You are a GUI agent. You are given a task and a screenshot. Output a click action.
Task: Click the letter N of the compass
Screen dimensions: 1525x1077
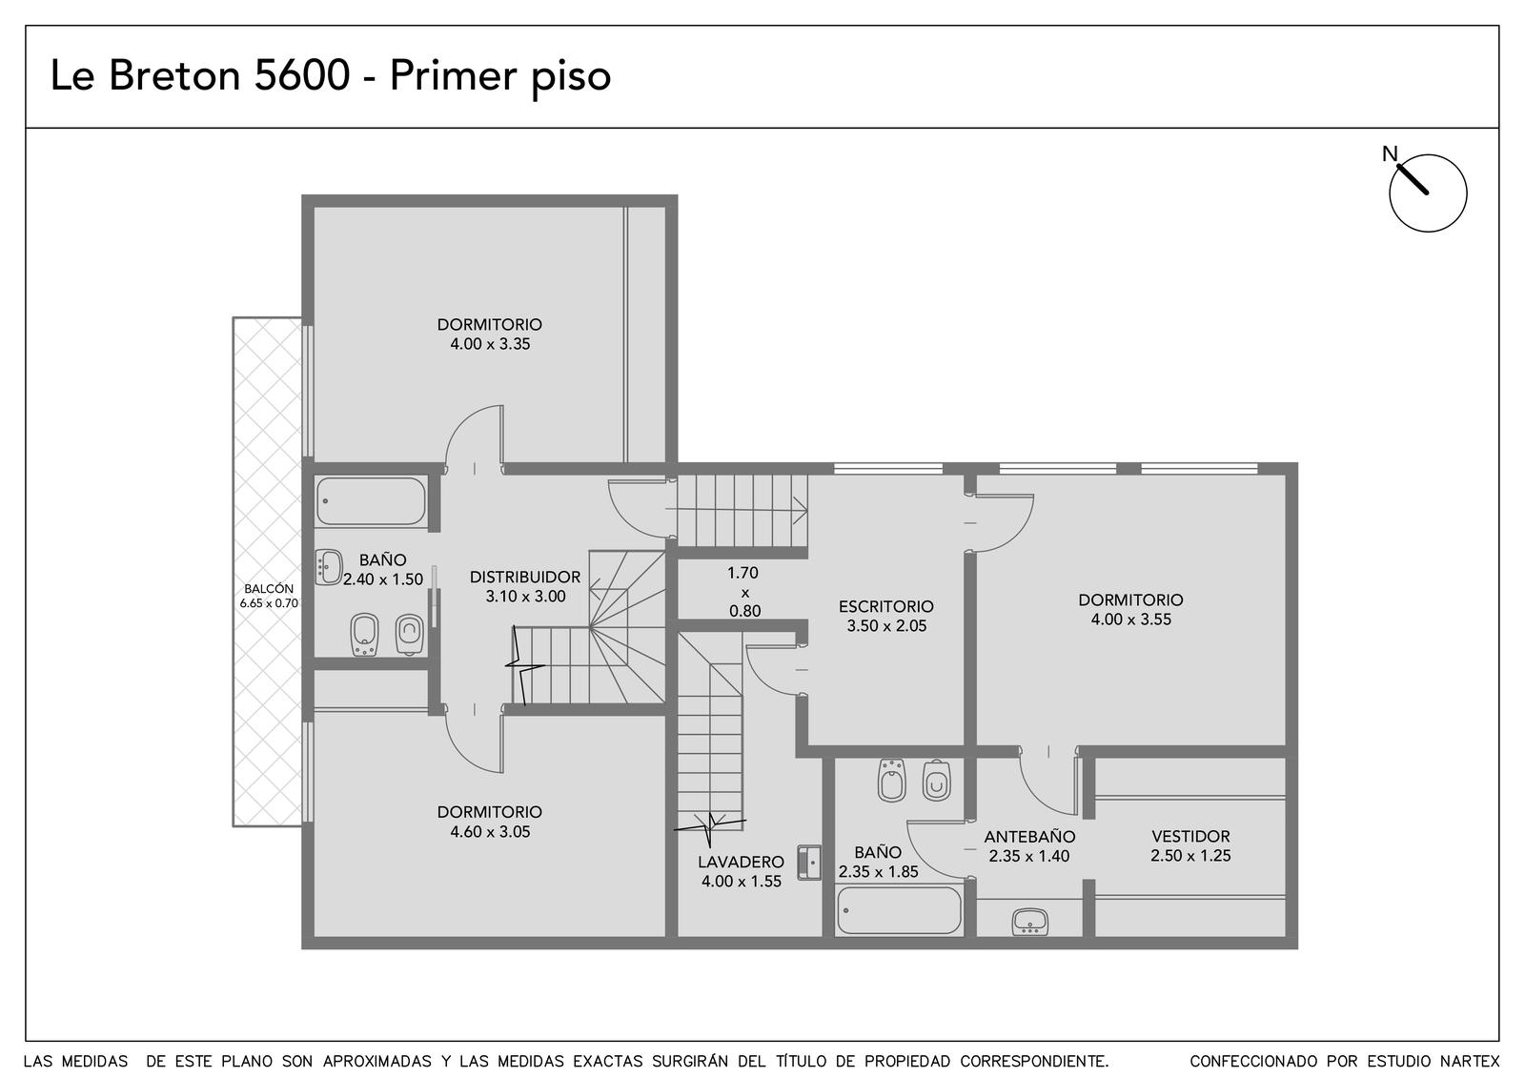point(1390,154)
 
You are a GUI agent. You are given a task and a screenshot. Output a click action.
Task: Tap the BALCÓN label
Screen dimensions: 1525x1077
point(269,589)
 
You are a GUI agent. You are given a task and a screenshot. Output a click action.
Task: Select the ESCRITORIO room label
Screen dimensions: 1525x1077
point(885,606)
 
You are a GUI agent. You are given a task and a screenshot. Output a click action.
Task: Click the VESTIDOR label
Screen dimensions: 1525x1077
point(1190,836)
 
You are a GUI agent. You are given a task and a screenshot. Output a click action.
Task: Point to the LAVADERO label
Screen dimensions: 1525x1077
point(741,862)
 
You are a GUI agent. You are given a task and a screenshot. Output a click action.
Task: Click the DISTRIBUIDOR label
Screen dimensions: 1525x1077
point(525,578)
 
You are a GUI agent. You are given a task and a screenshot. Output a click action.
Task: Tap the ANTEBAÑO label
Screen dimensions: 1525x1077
point(1029,837)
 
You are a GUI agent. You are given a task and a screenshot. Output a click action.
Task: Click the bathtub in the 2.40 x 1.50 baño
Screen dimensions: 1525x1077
point(371,501)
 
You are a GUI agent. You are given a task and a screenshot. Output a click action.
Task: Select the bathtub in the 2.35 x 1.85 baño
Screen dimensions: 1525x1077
point(900,910)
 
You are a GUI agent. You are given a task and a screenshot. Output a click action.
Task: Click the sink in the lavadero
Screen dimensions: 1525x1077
point(809,864)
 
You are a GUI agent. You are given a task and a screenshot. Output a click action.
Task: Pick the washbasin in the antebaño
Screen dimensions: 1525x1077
point(1030,922)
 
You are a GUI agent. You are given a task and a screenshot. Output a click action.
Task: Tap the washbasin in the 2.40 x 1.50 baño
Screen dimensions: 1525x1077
point(329,567)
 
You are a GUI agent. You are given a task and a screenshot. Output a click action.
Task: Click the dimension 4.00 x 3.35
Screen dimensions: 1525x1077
point(490,344)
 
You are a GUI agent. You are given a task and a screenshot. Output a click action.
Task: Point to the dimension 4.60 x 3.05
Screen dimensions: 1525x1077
point(490,831)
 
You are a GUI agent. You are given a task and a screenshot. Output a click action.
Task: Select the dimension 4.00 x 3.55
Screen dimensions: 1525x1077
point(1130,620)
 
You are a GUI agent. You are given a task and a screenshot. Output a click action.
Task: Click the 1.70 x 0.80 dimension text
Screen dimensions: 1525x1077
point(744,592)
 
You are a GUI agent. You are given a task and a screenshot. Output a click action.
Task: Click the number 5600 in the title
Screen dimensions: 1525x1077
point(301,75)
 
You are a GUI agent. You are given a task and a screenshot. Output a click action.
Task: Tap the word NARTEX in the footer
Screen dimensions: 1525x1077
point(1470,1062)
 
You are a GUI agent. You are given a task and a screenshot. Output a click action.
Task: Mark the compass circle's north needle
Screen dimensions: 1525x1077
point(1411,178)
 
